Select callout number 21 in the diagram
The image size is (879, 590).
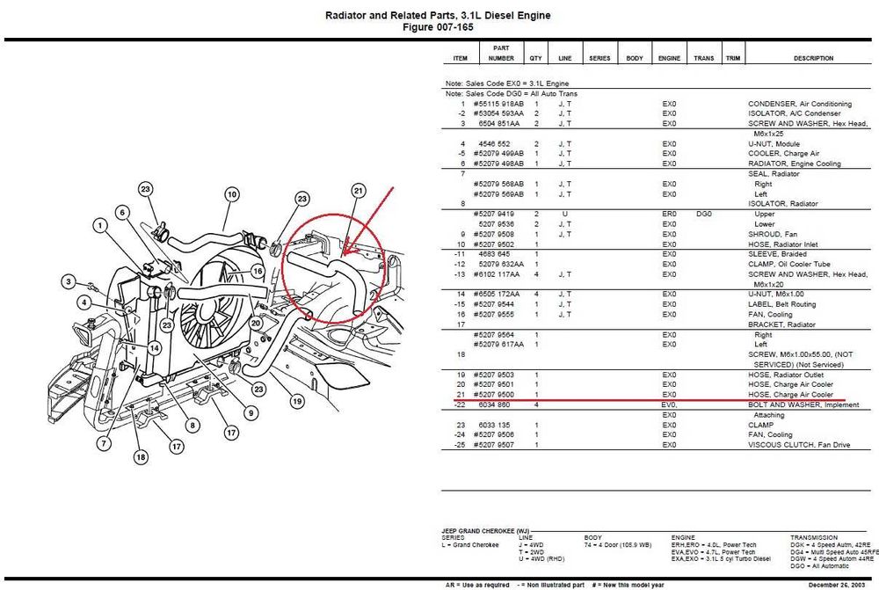tap(358, 191)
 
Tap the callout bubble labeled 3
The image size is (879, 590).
tap(68, 281)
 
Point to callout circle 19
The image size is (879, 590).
tap(297, 401)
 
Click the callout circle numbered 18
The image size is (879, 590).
tap(142, 457)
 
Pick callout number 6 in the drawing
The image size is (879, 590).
tap(122, 212)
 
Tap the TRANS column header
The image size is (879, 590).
tap(703, 59)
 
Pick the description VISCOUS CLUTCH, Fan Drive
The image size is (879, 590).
tap(799, 445)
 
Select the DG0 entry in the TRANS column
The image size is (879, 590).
tap(704, 214)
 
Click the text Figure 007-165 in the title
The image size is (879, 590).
tap(439, 27)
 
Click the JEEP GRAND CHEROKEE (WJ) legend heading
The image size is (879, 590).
tap(485, 532)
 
